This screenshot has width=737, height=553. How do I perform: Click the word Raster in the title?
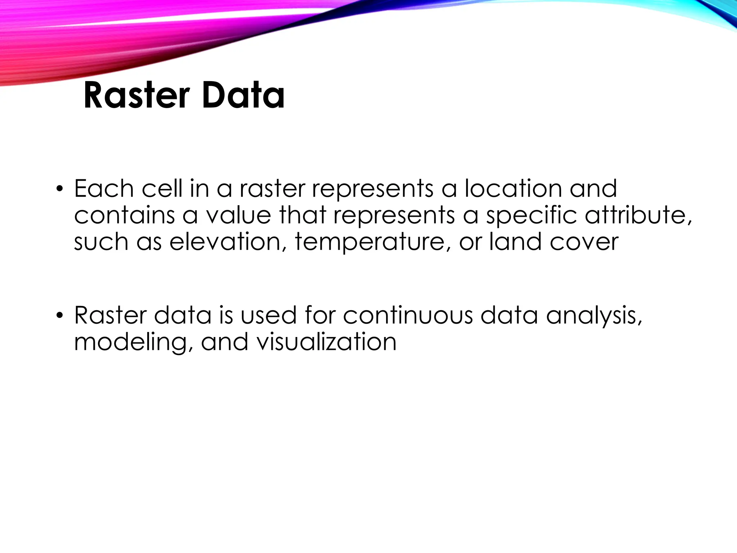point(136,96)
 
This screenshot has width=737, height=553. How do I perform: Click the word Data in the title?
point(243,96)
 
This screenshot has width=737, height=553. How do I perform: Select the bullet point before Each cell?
point(59,189)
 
